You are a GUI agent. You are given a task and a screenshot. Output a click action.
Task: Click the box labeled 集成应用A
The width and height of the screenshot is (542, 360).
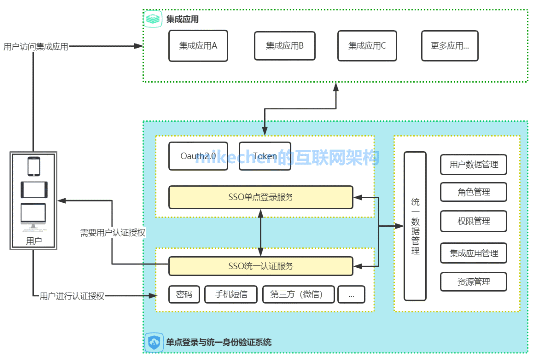point(198,46)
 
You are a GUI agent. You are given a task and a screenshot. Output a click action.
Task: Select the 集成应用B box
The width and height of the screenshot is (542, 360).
point(285,46)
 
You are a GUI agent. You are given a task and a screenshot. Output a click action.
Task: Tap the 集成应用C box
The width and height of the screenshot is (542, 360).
point(367,46)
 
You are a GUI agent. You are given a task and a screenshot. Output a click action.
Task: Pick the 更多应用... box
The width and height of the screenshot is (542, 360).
point(450,46)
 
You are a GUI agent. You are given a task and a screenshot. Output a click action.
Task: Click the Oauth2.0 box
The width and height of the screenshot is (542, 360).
point(198,156)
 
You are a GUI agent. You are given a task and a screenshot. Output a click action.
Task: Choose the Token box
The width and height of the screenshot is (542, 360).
point(265,156)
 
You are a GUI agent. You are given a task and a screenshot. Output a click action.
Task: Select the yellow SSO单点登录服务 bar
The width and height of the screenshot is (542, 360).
point(260,197)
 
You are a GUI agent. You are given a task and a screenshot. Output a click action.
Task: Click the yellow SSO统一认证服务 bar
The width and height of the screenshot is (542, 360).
point(260,266)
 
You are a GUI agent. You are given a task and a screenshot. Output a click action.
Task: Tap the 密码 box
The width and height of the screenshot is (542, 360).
point(184,295)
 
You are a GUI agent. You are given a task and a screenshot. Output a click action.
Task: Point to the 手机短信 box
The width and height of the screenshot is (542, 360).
point(231,295)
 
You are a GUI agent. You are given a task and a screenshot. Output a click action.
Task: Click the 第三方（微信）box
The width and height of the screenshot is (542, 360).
point(299,295)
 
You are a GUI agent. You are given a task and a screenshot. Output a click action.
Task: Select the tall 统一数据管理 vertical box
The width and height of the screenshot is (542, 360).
point(415,226)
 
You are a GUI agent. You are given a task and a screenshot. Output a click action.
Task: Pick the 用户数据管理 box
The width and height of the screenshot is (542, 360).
point(474,165)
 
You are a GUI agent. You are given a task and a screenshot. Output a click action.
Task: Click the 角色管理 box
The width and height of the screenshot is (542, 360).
point(474,192)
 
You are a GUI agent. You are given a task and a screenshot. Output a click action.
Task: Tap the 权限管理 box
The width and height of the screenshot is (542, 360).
point(474,221)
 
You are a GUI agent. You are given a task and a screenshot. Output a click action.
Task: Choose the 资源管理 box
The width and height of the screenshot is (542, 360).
point(474,282)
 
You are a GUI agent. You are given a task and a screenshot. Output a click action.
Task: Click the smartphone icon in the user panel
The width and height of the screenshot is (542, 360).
point(34,166)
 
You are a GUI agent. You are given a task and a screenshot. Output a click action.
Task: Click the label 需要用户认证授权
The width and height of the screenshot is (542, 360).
point(113,233)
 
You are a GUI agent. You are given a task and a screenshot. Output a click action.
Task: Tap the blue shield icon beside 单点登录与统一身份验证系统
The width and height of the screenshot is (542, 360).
point(154,343)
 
